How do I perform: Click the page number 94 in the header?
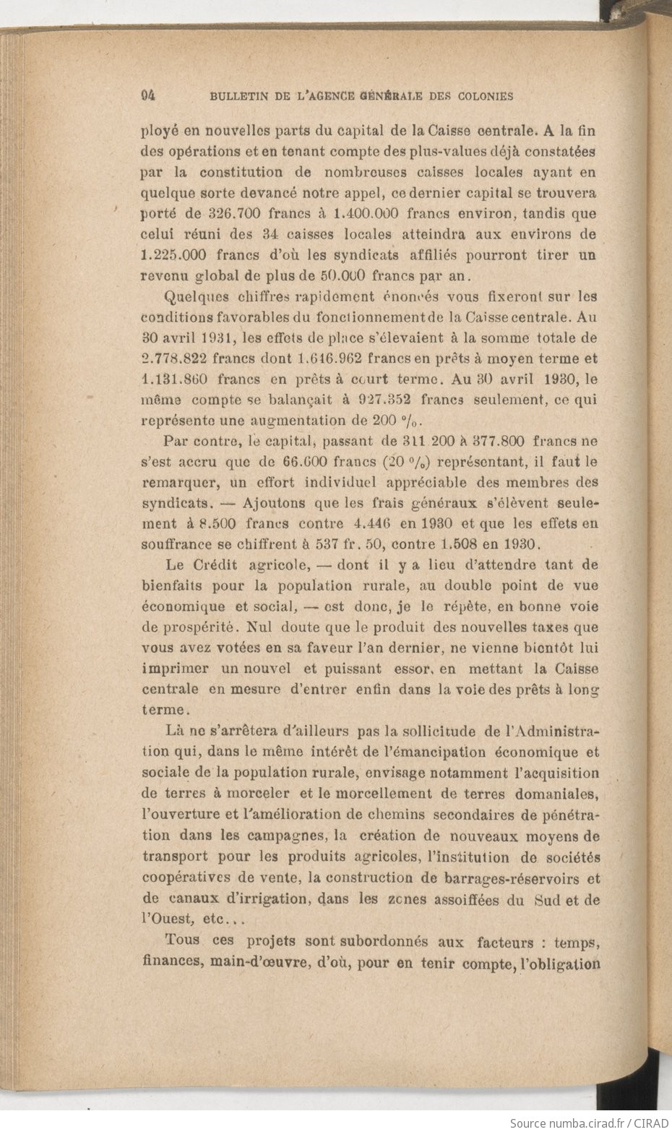(150, 96)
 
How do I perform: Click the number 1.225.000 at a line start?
(171, 255)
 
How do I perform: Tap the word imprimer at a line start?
(176, 668)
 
